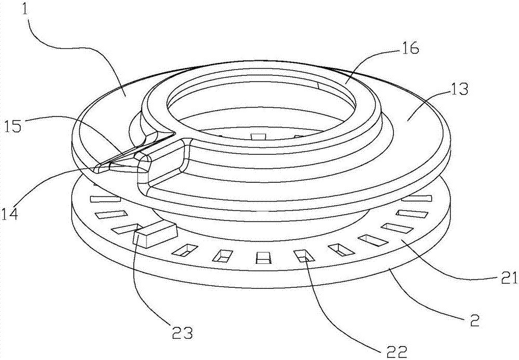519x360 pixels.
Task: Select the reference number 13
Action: (459, 89)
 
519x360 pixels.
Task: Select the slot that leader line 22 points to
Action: (302, 255)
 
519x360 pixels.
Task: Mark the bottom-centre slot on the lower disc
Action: (264, 258)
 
